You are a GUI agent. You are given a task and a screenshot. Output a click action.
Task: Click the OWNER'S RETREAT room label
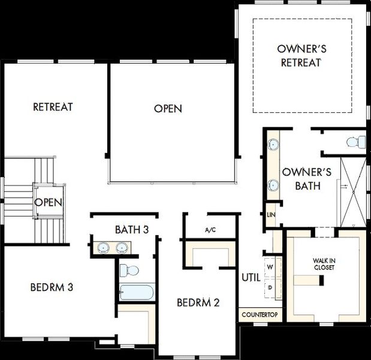[301, 55]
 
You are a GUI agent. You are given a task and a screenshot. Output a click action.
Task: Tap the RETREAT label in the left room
[53, 107]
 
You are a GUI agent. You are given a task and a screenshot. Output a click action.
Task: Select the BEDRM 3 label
[52, 287]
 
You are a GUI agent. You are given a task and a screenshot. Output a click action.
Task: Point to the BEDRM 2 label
[198, 302]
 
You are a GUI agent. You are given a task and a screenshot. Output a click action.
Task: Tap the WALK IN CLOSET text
[324, 264]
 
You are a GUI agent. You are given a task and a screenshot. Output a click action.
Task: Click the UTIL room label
[250, 277]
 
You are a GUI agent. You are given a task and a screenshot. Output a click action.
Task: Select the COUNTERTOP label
[260, 314]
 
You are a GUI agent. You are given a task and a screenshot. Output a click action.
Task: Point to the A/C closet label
[210, 230]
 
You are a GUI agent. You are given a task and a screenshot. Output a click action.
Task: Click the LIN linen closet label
[270, 214]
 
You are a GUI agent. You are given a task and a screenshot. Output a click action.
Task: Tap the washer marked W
[270, 266]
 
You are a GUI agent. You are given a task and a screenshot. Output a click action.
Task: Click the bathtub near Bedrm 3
[137, 293]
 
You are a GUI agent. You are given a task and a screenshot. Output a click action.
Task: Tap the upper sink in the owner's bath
[273, 145]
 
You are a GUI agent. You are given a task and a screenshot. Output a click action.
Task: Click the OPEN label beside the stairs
[48, 202]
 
